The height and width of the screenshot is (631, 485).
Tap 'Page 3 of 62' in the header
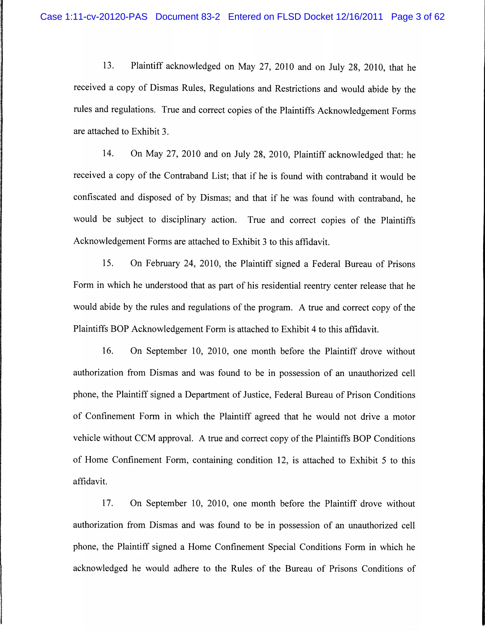tap(418, 17)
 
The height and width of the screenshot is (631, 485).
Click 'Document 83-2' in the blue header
tap(188, 17)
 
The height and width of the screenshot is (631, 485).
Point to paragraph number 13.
tap(108, 66)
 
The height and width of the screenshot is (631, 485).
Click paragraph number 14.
tap(108, 153)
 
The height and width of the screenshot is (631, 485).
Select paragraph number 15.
tap(108, 263)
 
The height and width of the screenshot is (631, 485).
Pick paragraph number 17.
tap(107, 503)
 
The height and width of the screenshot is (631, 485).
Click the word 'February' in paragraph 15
tap(162, 264)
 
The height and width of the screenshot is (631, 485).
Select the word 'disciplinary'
tap(183, 220)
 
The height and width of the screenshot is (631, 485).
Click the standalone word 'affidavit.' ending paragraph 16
tap(90, 481)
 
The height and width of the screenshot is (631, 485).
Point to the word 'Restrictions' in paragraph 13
tap(297, 88)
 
